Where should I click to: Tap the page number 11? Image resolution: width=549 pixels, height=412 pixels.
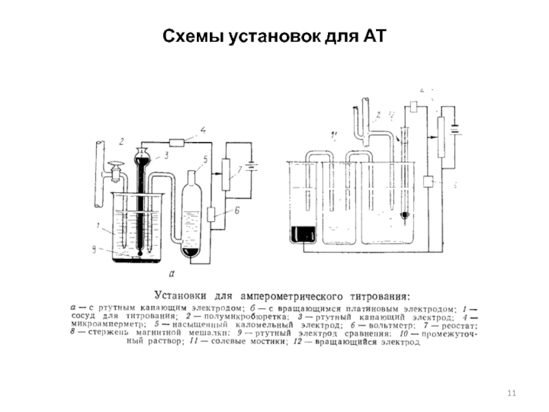tap(510, 392)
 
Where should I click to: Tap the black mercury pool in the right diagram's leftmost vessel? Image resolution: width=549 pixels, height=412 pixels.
tap(303, 234)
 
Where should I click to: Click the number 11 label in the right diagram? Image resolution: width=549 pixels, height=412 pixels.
tap(334, 133)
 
